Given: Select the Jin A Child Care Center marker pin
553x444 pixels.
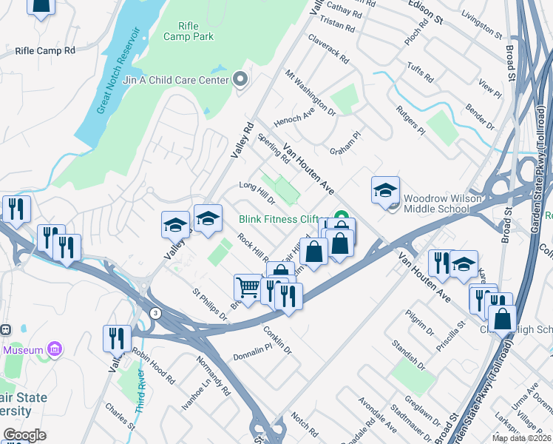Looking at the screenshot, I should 240,80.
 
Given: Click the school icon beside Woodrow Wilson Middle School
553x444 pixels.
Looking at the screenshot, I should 384,192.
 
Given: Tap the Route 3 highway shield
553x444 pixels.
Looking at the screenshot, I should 155,313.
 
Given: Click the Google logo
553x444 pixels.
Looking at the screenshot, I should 24,435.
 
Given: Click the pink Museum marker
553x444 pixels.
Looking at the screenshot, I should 54,349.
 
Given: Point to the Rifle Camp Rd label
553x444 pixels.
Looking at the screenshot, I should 45,51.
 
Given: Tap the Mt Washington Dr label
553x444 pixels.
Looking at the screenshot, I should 311,92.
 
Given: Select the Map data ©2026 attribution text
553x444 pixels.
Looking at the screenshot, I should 520,438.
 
